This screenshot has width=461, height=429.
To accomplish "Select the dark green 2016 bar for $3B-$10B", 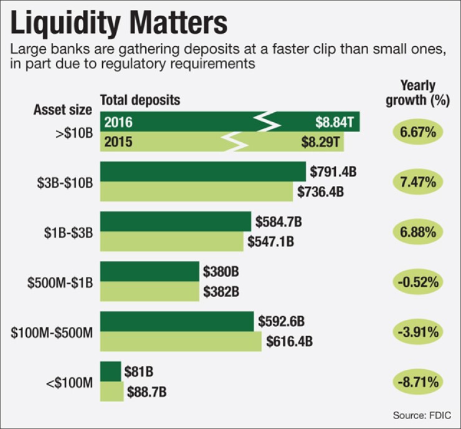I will tap(203, 171).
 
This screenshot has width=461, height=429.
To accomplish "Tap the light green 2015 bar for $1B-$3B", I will tap(172, 241).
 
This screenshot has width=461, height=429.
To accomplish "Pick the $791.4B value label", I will tap(333, 171).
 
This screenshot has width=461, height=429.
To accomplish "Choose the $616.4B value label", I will tap(289, 342).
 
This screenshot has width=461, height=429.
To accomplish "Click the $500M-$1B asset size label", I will tap(60, 282).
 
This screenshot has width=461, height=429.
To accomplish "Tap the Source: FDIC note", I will tap(422, 415).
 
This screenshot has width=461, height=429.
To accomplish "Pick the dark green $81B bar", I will tap(110, 372).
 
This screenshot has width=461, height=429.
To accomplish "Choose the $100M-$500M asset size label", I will tap(52, 332).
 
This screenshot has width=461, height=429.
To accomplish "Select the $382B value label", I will tap(222, 292).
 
